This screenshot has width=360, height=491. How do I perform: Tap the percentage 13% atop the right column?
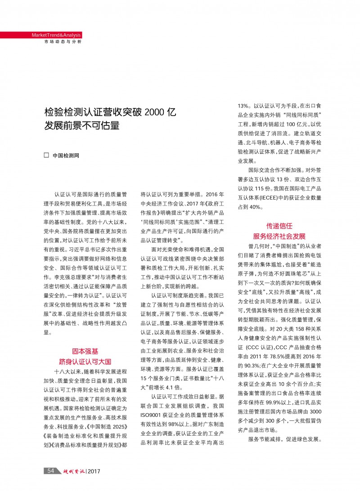tap(245, 106)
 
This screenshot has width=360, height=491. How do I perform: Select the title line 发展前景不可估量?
tap(81, 125)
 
